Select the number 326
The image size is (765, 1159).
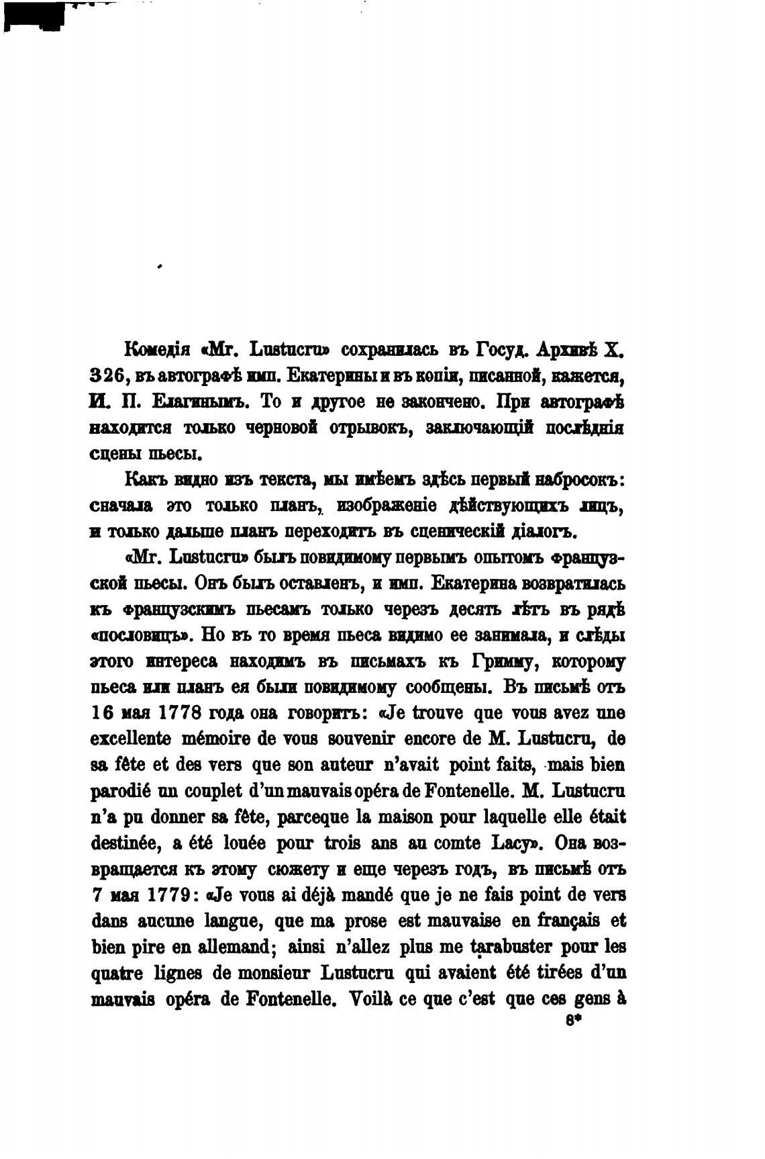pos(107,376)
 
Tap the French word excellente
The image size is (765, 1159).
pos(130,739)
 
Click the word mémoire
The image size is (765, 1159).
pos(216,739)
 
